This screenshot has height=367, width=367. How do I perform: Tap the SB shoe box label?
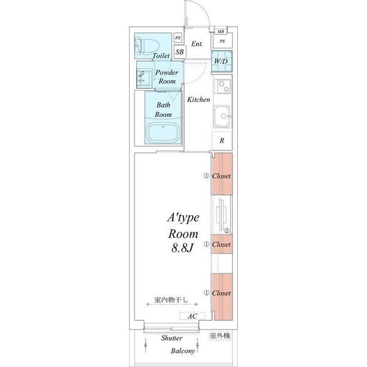[180, 52]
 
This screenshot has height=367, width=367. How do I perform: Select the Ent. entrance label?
[197, 44]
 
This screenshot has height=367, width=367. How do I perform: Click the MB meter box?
[221, 31]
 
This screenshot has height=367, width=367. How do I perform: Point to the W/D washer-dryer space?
[221, 61]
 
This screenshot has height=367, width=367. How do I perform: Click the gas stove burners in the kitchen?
[223, 86]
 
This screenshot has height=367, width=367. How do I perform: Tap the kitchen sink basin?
[223, 116]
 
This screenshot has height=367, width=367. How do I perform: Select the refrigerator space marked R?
[221, 141]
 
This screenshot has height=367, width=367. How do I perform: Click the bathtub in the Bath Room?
[163, 133]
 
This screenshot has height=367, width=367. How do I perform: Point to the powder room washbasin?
[143, 78]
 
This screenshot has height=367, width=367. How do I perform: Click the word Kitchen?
[198, 100]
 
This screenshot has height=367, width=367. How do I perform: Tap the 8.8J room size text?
[182, 248]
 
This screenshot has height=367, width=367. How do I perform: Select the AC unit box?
[193, 316]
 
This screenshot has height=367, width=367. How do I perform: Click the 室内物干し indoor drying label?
[171, 300]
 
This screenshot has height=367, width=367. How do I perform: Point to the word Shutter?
[172, 338]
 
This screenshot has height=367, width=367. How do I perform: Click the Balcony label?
[183, 351]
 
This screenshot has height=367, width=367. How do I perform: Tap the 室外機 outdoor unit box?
[220, 336]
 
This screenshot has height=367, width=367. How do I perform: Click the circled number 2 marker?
[227, 231]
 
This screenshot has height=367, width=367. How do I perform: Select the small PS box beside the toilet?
[178, 38]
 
